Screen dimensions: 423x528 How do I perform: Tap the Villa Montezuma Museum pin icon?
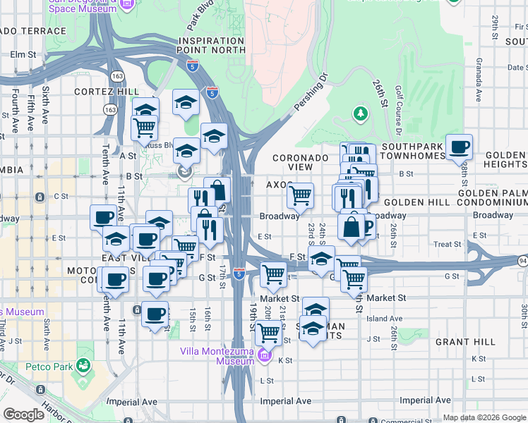(x=265, y=355)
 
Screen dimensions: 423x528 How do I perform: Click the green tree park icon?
(x=361, y=113)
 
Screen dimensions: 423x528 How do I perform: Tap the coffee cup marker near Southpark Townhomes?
(x=459, y=147)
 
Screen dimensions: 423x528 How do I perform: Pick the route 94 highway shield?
(x=522, y=261)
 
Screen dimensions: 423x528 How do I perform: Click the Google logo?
(x=24, y=415)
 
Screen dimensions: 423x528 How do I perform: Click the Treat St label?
(x=447, y=245)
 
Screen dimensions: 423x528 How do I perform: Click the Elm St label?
(x=23, y=54)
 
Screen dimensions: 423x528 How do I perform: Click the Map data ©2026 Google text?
(x=484, y=417)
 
